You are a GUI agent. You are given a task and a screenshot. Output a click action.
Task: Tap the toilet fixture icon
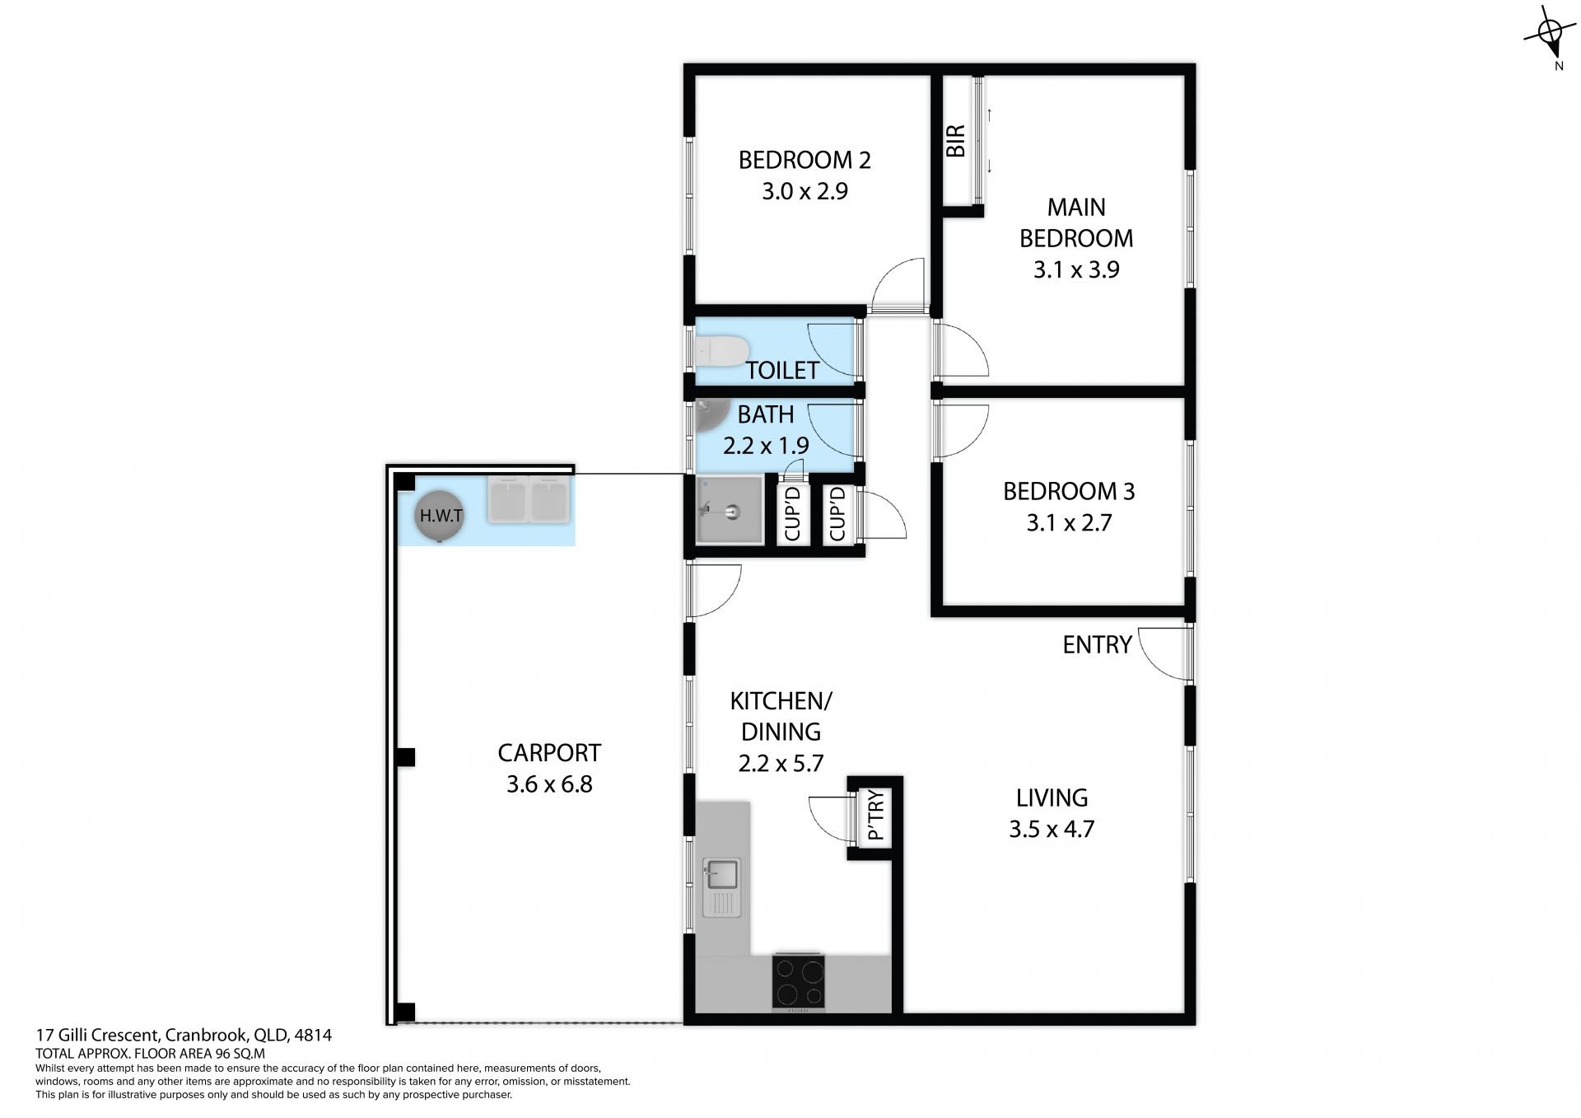tap(721, 350)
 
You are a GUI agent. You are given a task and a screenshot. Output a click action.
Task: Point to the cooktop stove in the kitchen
tap(798, 981)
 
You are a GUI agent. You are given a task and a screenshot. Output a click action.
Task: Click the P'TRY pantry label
tap(876, 815)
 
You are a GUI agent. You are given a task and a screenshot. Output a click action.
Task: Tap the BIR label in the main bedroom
tap(955, 141)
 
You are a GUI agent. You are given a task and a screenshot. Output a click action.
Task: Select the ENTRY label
tap(1097, 644)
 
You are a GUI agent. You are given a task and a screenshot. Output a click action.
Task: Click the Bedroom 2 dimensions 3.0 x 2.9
tap(804, 191)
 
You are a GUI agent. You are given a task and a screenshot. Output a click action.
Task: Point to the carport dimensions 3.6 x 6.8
tap(549, 784)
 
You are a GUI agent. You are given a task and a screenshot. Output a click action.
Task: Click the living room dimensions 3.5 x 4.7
tap(1052, 828)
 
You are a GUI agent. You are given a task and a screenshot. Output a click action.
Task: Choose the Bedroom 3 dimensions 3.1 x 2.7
tap(1069, 522)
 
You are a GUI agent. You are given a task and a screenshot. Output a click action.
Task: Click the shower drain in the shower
tap(732, 512)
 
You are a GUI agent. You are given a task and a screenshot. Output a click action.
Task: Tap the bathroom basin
tap(710, 416)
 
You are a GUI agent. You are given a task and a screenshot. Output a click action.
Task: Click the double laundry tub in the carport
tap(529, 499)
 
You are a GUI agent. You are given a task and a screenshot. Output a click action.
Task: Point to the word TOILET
tap(782, 371)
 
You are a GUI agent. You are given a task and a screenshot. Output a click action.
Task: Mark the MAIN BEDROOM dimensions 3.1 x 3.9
tap(1076, 269)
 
